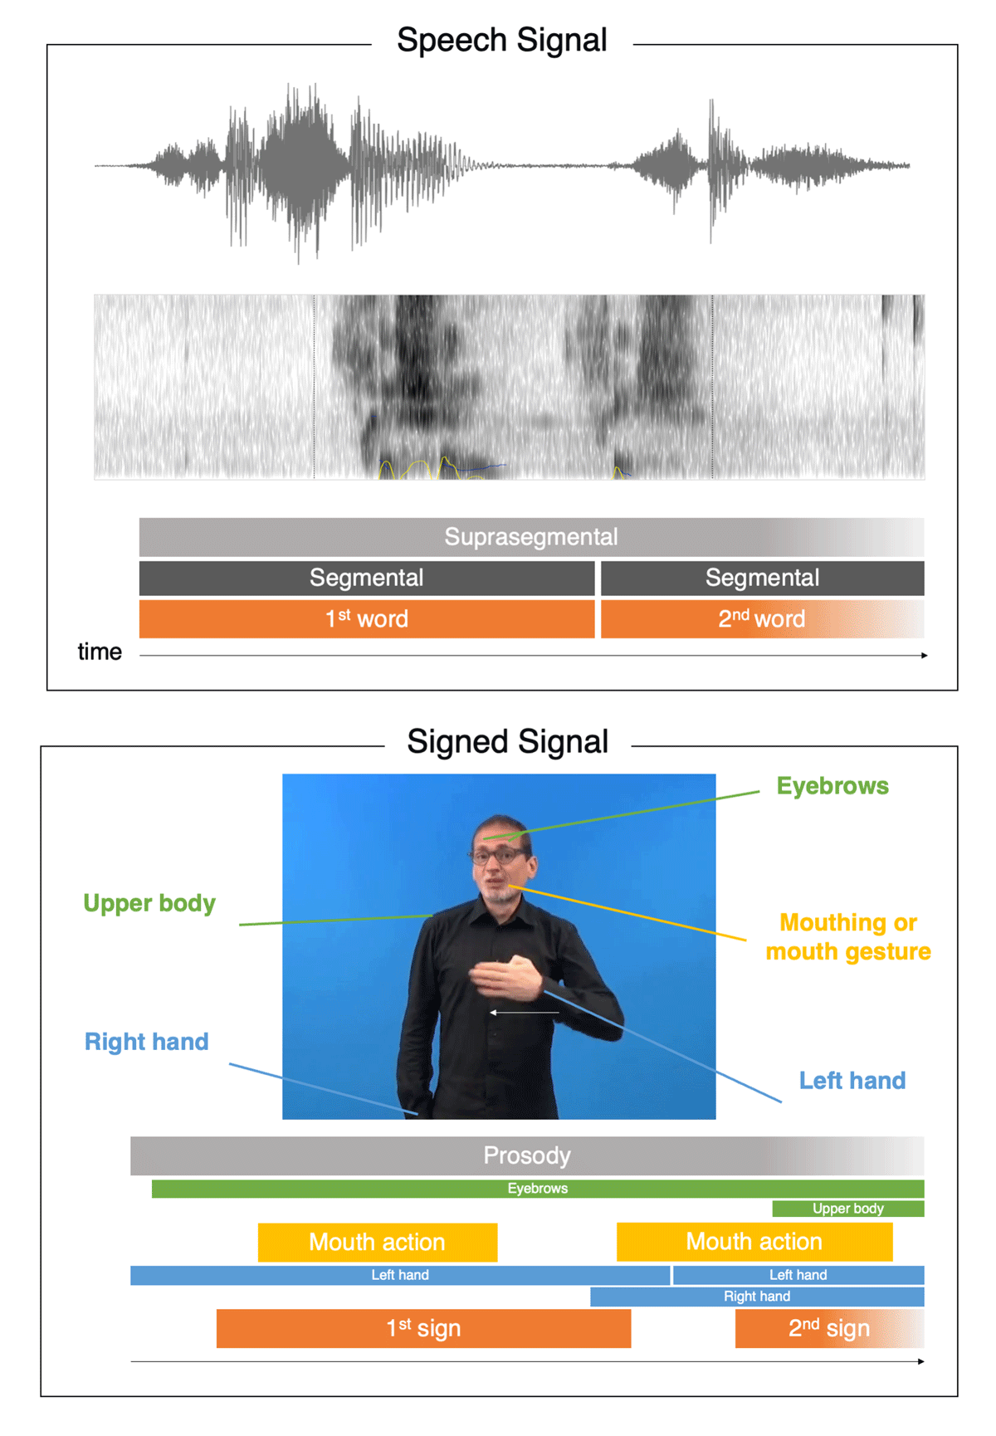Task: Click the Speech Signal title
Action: point(502,41)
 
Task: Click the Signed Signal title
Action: point(507,741)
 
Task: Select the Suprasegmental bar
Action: point(531,537)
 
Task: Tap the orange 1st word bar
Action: point(367,618)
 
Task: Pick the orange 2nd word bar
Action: point(762,618)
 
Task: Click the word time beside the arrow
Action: point(100,652)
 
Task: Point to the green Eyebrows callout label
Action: point(832,786)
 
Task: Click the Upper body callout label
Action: point(149,903)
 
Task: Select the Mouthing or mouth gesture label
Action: point(848,937)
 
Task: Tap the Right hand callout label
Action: point(147,1042)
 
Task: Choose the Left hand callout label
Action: point(852,1081)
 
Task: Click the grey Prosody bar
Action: point(527,1155)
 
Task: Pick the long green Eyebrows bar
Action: point(538,1189)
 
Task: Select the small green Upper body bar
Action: point(848,1209)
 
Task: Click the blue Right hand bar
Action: point(757,1297)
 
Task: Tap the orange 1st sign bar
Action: point(423,1328)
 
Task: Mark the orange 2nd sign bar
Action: point(829,1328)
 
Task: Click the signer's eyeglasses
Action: point(499,854)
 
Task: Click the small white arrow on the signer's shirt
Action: point(524,1013)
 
